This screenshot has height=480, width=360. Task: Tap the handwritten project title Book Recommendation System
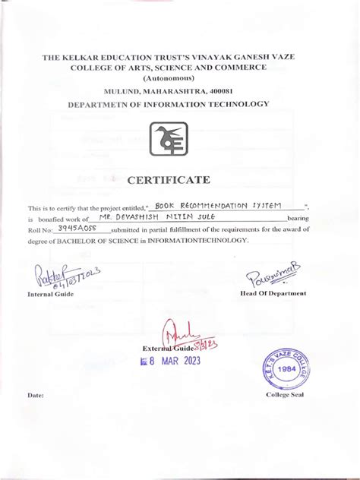pyautogui.click(x=216, y=205)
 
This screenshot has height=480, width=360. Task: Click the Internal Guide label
pyautogui.click(x=50, y=294)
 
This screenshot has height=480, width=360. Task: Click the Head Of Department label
pyautogui.click(x=273, y=293)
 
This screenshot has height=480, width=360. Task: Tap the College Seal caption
pyautogui.click(x=285, y=396)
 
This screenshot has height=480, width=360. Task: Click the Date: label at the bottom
pyautogui.click(x=36, y=396)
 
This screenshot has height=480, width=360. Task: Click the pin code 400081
pyautogui.click(x=235, y=90)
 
